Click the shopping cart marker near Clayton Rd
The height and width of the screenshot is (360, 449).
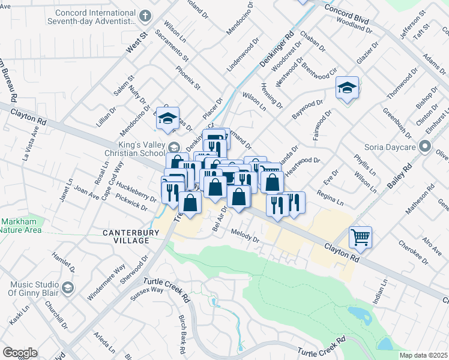(x=360, y=236)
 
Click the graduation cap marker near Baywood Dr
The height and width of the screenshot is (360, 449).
(x=346, y=88)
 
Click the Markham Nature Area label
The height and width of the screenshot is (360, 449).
(x=20, y=226)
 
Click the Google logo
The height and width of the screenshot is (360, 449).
(x=20, y=353)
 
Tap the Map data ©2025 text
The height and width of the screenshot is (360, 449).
(x=423, y=355)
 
